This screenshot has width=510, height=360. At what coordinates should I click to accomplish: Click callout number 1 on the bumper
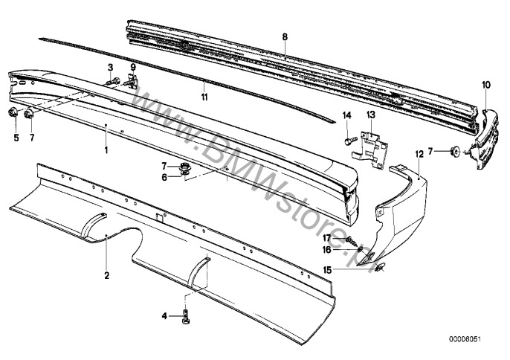pyautogui.click(x=106, y=150)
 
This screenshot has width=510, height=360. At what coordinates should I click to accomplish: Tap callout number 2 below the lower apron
pyautogui.click(x=106, y=276)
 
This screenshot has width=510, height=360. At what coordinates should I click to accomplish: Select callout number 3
pyautogui.click(x=111, y=68)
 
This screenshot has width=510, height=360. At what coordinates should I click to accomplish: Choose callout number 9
pyautogui.click(x=134, y=68)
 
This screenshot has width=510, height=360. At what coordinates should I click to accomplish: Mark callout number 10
pyautogui.click(x=485, y=86)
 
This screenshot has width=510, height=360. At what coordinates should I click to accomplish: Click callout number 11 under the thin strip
pyautogui.click(x=205, y=97)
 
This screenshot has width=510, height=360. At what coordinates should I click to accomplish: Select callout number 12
pyautogui.click(x=419, y=154)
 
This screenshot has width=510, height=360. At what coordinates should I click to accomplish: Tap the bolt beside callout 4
pyautogui.click(x=184, y=316)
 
